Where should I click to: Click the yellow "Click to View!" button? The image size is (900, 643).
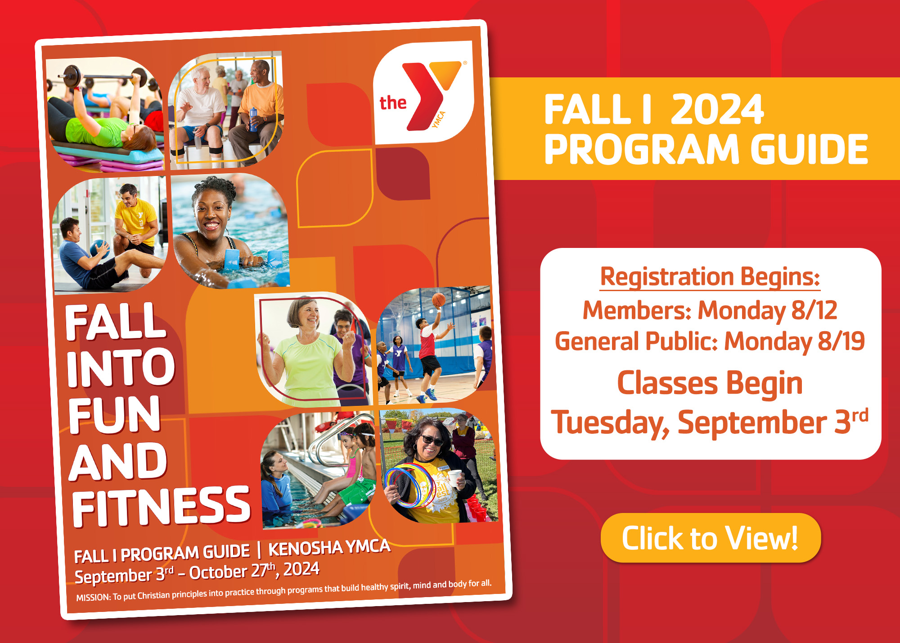point(710,538)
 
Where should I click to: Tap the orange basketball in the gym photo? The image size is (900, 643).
point(438,299)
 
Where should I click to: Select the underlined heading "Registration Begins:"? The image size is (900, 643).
point(710,277)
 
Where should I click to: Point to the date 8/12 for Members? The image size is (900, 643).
point(814,310)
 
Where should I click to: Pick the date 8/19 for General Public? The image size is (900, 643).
point(841,341)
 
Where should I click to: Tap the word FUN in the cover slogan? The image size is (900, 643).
point(114,414)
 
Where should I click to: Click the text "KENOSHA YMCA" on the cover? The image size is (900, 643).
point(329,548)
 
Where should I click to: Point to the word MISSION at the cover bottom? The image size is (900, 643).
point(93,598)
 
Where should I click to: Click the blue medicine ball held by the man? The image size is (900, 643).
point(99,249)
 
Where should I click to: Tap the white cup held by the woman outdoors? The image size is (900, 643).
point(455,478)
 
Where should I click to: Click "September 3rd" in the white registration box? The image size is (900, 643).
point(772,422)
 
